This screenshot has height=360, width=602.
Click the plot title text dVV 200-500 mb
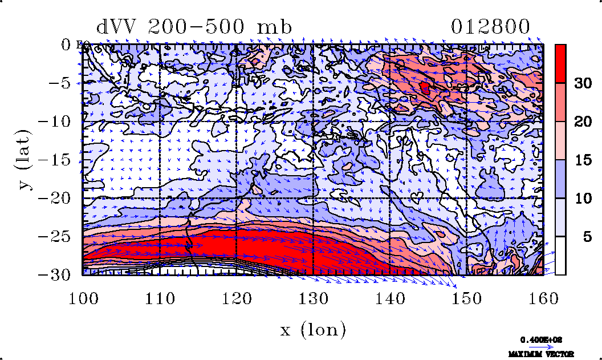pos(194,27)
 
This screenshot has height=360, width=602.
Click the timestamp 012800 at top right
pos(490,27)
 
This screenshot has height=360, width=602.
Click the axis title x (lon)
pos(313,329)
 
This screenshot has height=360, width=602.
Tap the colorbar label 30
pos(582,83)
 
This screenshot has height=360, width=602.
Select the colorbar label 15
pos(582,160)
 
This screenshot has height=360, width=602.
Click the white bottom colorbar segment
pos(560,255)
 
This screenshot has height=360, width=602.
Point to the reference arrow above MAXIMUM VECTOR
pos(542,345)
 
